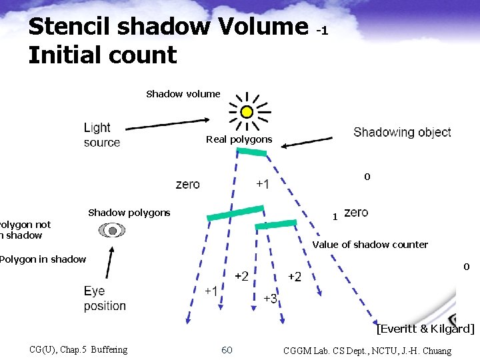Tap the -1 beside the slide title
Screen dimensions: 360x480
tap(322, 30)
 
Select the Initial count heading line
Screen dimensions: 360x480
tap(103, 55)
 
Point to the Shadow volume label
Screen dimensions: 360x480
tap(183, 94)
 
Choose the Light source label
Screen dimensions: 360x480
tap(102, 135)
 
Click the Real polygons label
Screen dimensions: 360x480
tap(239, 139)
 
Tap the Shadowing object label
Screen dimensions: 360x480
tap(402, 132)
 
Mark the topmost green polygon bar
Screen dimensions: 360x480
tap(251, 153)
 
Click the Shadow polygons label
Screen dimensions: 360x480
tap(129, 213)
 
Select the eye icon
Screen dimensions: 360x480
tap(112, 231)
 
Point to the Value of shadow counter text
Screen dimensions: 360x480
tap(370, 245)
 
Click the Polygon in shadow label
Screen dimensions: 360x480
tap(43, 259)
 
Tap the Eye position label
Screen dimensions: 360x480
tap(105, 299)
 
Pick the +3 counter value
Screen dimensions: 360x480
tap(270, 299)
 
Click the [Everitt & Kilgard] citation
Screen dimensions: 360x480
tap(425, 329)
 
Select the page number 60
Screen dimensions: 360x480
tap(227, 350)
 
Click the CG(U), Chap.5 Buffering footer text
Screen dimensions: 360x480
tap(79, 350)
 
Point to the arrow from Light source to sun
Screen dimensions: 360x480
tap(167, 124)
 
